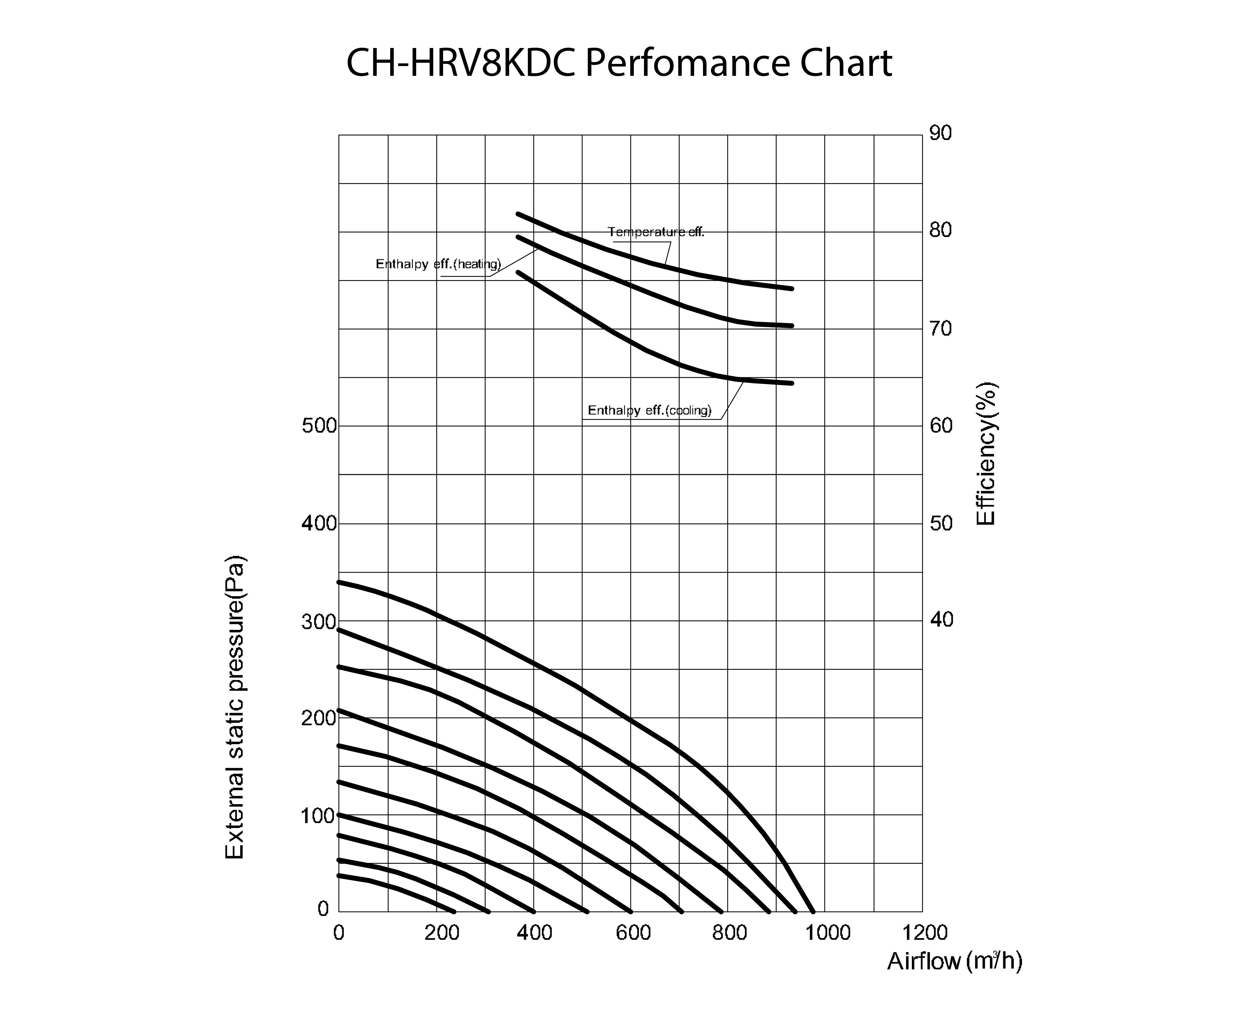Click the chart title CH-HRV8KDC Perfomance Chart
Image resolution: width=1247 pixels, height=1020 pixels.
click(x=619, y=64)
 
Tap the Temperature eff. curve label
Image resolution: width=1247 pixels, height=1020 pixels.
click(x=656, y=232)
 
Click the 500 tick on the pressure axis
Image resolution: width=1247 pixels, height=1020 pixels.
click(x=319, y=426)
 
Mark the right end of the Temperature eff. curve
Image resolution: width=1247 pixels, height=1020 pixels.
click(x=792, y=289)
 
